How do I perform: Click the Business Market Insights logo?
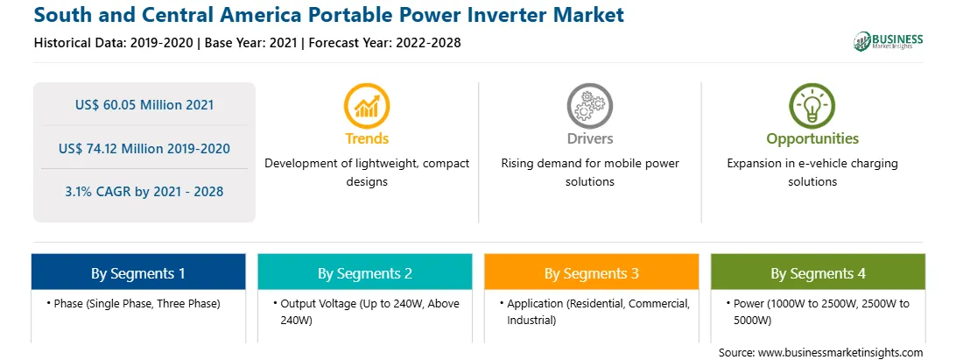coord(889,41)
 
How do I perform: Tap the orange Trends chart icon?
coord(367,105)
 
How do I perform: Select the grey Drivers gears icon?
coord(589,105)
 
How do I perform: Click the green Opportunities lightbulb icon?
coord(812,105)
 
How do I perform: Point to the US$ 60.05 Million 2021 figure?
coord(144,104)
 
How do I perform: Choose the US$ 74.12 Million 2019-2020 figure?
coord(144,148)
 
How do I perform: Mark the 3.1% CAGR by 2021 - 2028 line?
coord(144,192)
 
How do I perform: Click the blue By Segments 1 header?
coord(138,272)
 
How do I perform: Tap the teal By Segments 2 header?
coord(364,272)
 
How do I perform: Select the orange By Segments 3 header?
coord(592,272)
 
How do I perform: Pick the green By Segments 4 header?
coord(819,272)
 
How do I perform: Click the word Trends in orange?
coord(367,138)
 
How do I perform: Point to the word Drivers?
coord(589,138)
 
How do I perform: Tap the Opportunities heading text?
coord(812,139)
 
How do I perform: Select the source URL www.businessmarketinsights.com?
coord(840,352)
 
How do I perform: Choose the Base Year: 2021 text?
coord(250,43)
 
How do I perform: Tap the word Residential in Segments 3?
coord(593,303)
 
